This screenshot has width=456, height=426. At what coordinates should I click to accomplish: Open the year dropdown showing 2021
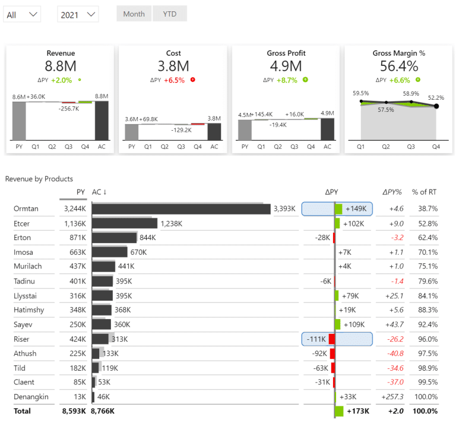click(78, 14)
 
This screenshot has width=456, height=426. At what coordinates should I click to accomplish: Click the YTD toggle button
click(169, 14)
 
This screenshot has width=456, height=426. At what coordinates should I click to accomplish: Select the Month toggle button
click(134, 14)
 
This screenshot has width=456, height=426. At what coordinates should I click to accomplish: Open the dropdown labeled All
click(22, 14)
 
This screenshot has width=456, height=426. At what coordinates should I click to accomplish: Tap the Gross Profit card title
click(286, 53)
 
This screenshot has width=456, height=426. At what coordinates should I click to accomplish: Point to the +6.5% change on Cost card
click(175, 80)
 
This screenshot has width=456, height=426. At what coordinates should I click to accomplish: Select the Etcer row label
click(22, 223)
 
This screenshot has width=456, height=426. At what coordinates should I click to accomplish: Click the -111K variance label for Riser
click(317, 339)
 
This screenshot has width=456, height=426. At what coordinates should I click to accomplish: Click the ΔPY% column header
click(392, 192)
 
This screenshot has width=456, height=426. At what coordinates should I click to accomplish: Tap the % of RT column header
click(425, 192)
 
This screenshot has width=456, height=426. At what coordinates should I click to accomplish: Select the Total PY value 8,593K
click(74, 411)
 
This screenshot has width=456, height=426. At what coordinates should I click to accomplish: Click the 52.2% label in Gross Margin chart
click(436, 97)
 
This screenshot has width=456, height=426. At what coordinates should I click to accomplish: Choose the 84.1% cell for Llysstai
click(427, 296)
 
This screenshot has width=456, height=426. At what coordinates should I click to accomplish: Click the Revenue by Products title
click(39, 178)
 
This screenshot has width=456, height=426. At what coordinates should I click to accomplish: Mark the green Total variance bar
click(339, 411)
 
